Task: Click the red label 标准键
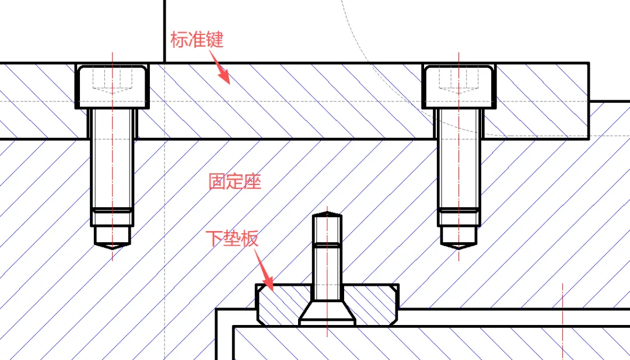(x=197, y=40)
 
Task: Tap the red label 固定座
(x=235, y=181)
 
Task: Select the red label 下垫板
(x=232, y=238)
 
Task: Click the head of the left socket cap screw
(x=112, y=86)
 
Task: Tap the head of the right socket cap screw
(x=459, y=86)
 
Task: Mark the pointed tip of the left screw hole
(x=112, y=248)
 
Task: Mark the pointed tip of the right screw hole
(x=459, y=248)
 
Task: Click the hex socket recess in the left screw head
(x=112, y=80)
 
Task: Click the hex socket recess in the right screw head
(x=459, y=80)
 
